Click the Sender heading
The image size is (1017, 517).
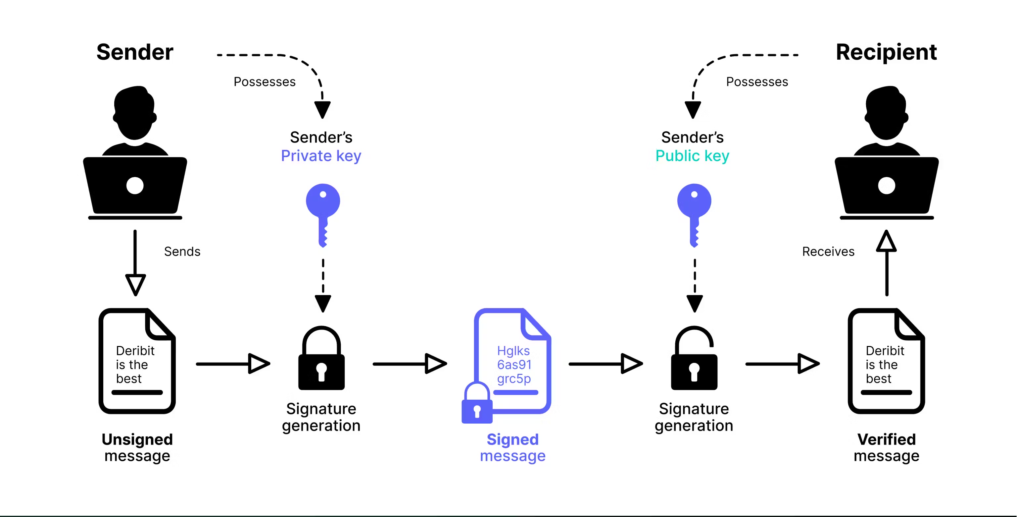click(x=135, y=52)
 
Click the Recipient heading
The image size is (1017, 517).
click(x=886, y=52)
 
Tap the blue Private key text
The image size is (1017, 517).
click(x=321, y=156)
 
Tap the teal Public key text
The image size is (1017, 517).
click(x=692, y=156)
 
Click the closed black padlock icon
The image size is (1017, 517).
click(x=321, y=360)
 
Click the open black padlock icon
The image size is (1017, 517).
click(x=694, y=360)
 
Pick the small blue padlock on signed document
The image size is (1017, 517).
click(x=477, y=405)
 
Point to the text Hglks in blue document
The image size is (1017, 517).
click(x=513, y=351)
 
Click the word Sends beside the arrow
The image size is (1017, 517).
click(x=182, y=252)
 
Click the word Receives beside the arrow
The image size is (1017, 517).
click(x=828, y=252)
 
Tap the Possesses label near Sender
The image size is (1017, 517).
click(x=265, y=82)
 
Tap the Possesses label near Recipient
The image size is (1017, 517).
click(x=757, y=82)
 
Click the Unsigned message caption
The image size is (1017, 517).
click(x=137, y=447)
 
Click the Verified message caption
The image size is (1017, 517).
click(x=886, y=447)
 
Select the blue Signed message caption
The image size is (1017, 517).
click(x=512, y=447)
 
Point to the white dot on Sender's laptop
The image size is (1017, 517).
click(x=135, y=185)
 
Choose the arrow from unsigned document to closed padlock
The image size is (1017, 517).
click(x=233, y=364)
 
